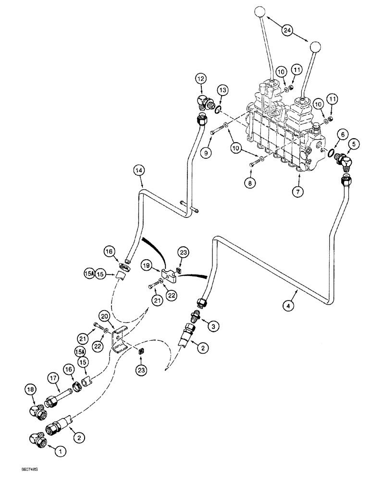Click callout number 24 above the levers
pyautogui.click(x=287, y=31)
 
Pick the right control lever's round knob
pyautogui.click(x=315, y=47)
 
